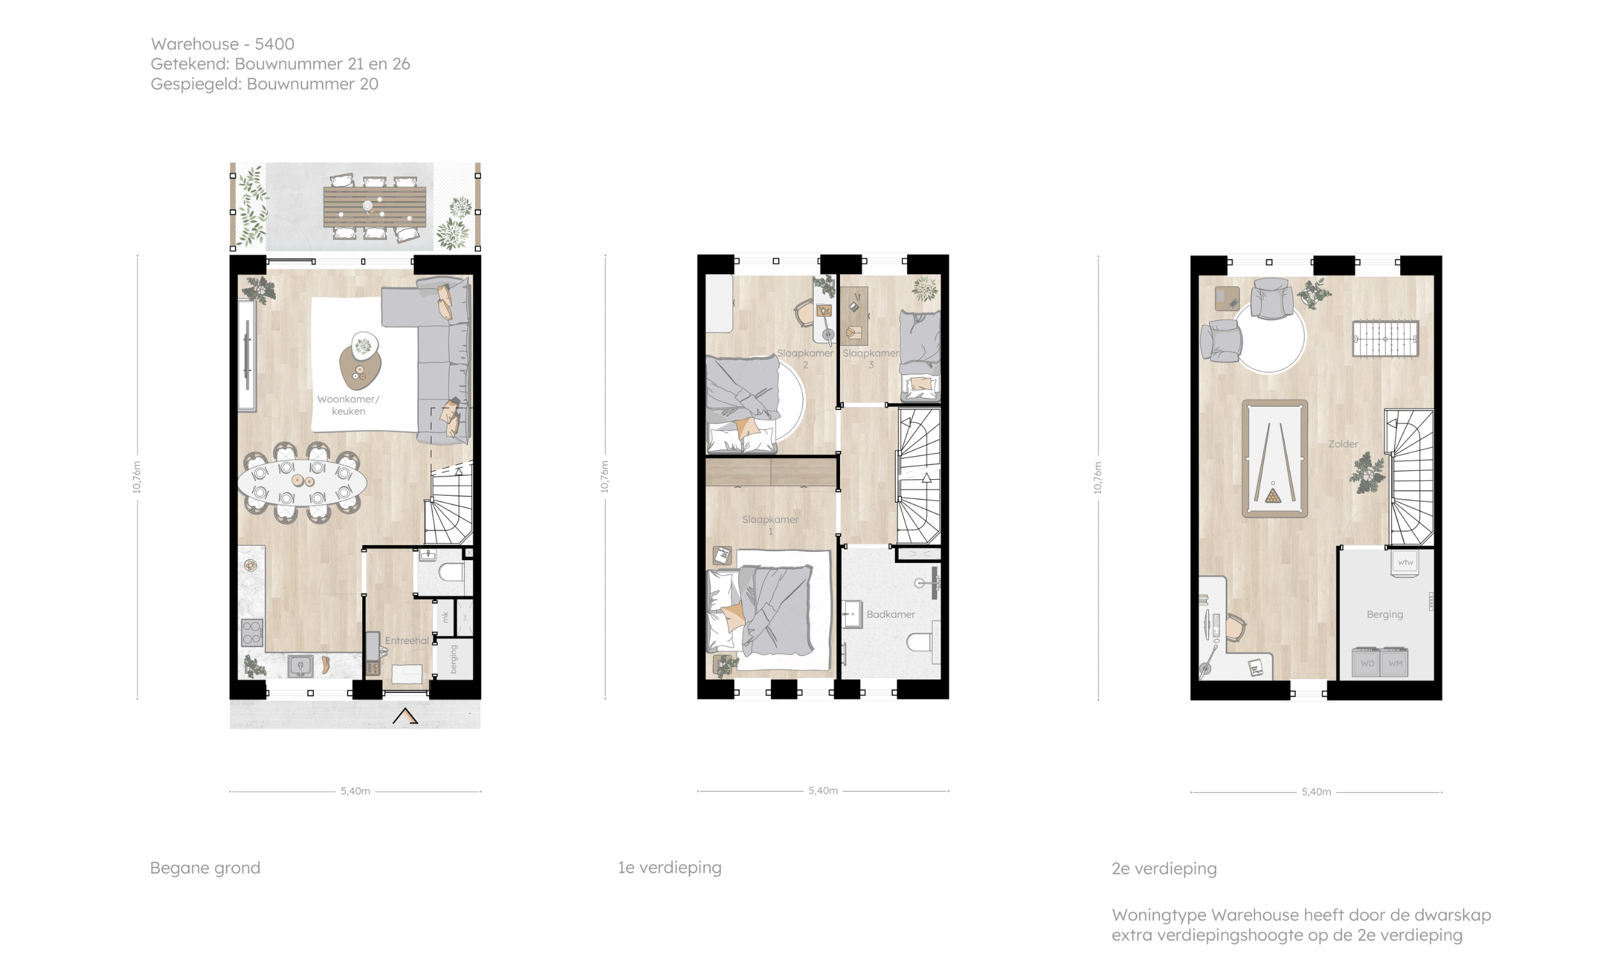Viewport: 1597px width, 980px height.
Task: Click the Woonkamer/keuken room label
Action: [x=348, y=405]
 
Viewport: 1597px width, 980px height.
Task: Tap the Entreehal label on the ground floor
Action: [x=406, y=640]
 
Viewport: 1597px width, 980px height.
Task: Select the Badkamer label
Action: [x=890, y=614]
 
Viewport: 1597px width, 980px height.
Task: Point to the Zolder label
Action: [x=1343, y=444]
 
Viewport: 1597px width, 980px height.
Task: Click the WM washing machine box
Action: [x=1395, y=662]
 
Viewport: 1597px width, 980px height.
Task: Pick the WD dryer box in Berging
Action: [x=1366, y=662]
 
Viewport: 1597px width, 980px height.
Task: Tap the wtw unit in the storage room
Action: [x=1405, y=563]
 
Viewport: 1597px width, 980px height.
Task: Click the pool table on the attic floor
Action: [x=1274, y=458]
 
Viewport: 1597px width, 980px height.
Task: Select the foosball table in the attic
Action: [x=1386, y=339]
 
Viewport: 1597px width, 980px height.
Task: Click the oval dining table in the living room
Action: [x=302, y=482]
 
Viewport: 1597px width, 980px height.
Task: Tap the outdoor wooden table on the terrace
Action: [x=374, y=207]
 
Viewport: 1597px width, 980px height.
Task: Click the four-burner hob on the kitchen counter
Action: [x=252, y=633]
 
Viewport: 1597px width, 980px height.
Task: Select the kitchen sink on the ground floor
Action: [x=300, y=666]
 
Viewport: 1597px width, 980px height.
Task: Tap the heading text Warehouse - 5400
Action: [x=222, y=44]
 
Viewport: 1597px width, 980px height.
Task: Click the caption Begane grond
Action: [x=205, y=868]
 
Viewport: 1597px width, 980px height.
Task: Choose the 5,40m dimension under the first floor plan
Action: [x=823, y=791]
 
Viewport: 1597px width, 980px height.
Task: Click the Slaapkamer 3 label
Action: [x=871, y=358]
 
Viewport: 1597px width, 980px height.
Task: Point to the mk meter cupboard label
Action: [x=445, y=617]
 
